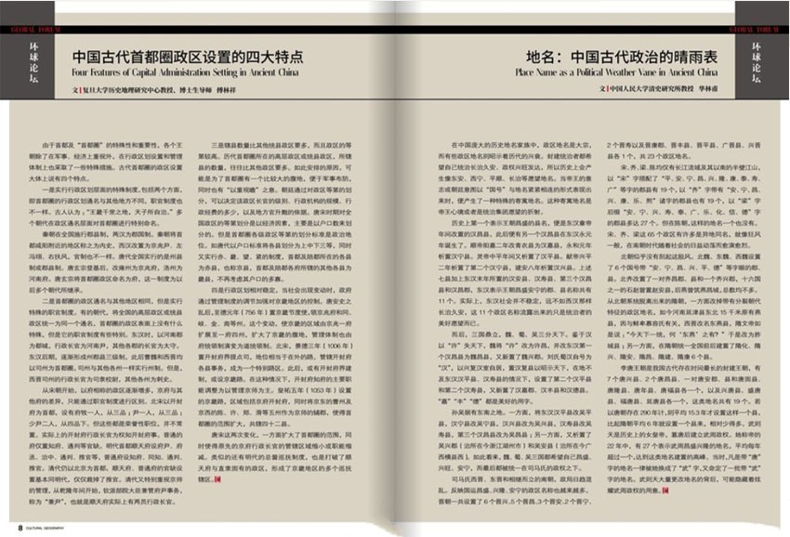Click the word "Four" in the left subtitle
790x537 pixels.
(x=81, y=70)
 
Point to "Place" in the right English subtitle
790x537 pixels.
(x=527, y=70)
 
